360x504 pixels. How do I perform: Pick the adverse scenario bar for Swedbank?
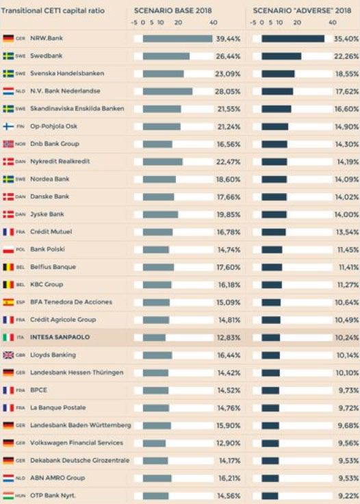click(x=281, y=56)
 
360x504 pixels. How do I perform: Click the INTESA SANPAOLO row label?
click(x=60, y=338)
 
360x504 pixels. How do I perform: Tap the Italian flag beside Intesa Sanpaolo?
click(x=9, y=338)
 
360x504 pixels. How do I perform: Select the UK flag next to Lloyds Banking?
click(x=9, y=355)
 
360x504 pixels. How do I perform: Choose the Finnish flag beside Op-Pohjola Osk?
click(x=9, y=127)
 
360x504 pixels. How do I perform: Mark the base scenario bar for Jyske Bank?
click(x=160, y=214)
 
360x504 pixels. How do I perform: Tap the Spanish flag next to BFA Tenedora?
click(x=9, y=302)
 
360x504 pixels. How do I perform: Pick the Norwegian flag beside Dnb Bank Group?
click(x=9, y=144)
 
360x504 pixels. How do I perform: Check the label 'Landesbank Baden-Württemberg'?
click(x=80, y=425)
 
